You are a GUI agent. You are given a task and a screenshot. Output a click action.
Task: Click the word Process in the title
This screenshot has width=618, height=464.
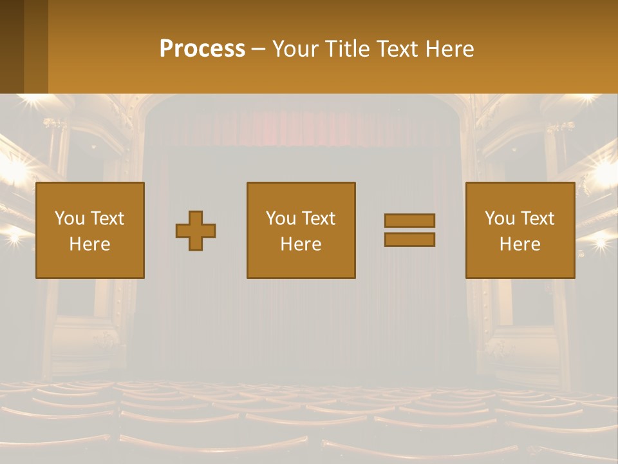click(x=202, y=49)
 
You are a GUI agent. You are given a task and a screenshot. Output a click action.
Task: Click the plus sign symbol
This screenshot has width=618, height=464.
click(x=196, y=231)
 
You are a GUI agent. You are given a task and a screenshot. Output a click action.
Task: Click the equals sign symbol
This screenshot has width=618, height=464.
click(x=409, y=230)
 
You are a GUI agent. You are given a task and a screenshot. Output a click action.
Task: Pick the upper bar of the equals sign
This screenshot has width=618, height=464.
click(x=409, y=221)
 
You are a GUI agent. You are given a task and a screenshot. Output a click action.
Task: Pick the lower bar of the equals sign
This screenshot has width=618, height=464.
click(x=409, y=240)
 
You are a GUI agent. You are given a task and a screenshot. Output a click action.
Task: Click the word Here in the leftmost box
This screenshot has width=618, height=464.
click(x=90, y=244)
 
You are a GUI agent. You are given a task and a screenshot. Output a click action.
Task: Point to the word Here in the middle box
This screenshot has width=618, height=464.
click(x=301, y=244)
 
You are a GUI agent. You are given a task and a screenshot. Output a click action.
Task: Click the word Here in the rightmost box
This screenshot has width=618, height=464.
click(x=520, y=244)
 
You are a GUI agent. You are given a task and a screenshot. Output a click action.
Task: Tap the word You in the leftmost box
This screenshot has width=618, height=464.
click(x=70, y=218)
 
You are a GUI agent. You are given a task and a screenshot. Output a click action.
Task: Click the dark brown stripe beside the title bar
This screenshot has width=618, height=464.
click(x=12, y=46)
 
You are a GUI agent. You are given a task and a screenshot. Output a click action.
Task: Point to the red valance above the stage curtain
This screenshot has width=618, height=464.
click(x=303, y=129)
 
